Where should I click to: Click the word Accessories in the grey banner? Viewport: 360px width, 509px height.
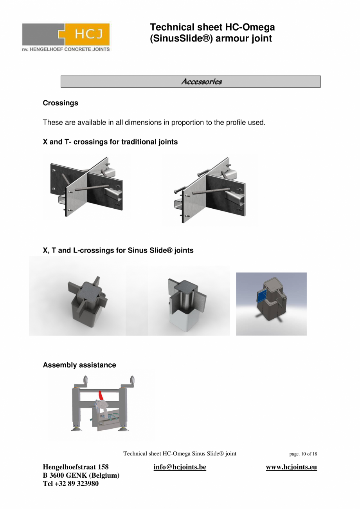click(x=201, y=81)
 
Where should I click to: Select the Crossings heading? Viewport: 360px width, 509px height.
click(x=60, y=103)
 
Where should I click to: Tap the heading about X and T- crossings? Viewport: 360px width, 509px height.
click(x=110, y=142)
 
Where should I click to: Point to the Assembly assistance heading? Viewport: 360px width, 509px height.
click(x=79, y=365)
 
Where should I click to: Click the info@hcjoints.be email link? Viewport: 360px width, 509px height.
click(x=180, y=467)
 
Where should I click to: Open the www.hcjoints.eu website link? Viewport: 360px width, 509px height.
click(x=291, y=467)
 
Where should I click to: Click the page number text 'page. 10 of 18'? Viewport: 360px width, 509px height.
click(x=303, y=454)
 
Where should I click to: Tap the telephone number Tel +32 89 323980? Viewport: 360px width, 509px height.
click(x=70, y=484)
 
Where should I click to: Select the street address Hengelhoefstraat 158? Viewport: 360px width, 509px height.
click(x=76, y=467)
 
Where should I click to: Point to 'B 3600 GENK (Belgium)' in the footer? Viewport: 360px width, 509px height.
click(x=81, y=475)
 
